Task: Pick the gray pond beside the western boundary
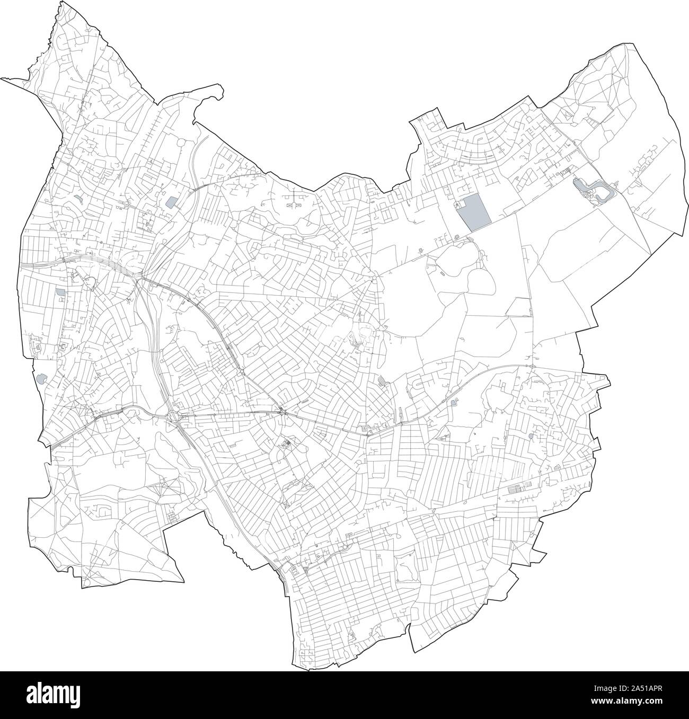41,379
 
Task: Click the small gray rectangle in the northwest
171,202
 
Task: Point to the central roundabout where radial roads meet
375,278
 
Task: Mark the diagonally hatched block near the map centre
382,380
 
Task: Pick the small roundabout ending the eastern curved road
531,366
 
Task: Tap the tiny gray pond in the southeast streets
531,436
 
